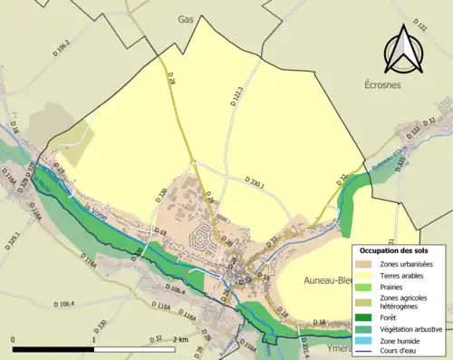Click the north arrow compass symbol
(404, 52)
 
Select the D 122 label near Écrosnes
(419, 25)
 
